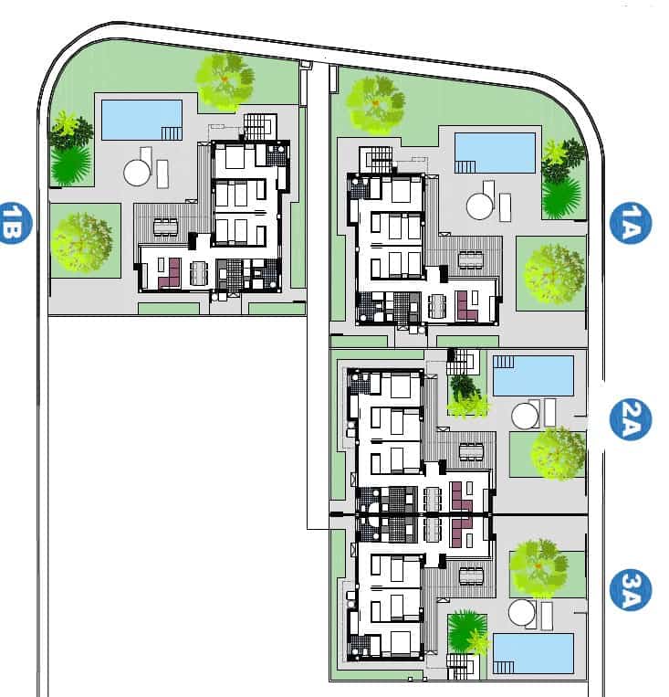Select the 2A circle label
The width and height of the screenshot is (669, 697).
(630, 421)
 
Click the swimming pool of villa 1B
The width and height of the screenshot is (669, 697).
(141, 120)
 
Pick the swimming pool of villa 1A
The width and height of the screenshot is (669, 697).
(496, 153)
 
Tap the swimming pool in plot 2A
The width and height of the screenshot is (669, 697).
(533, 375)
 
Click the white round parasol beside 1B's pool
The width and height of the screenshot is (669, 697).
(137, 172)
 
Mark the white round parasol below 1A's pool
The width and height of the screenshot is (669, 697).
(479, 206)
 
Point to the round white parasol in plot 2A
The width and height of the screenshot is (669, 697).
(525, 417)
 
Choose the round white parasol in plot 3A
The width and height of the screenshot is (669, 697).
(522, 612)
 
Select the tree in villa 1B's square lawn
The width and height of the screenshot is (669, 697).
(83, 242)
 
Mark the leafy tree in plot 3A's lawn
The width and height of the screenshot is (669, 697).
(538, 563)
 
